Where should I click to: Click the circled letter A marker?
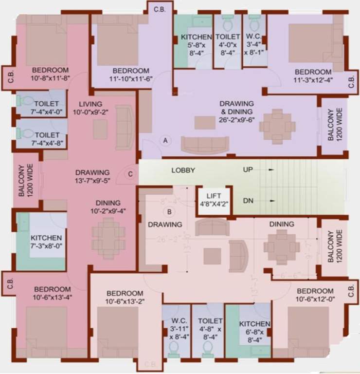click(x=166, y=140)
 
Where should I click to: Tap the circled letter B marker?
click(x=169, y=212)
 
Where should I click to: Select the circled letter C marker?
click(x=130, y=173)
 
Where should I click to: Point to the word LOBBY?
click(x=183, y=170)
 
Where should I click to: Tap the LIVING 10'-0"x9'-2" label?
click(x=90, y=108)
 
